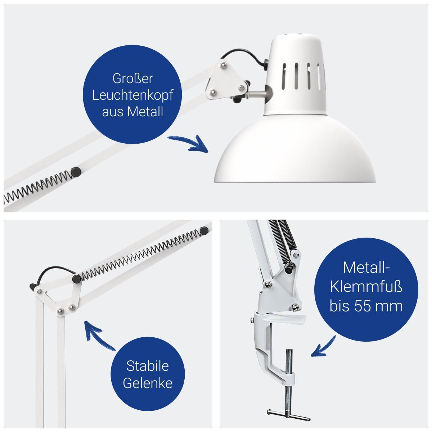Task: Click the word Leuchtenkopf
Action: click(x=132, y=95)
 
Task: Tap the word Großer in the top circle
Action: click(x=133, y=79)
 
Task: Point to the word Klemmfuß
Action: click(x=366, y=287)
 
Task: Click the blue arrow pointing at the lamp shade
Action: click(x=188, y=144)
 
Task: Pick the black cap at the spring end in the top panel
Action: click(x=76, y=172)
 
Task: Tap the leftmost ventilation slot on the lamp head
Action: click(x=284, y=76)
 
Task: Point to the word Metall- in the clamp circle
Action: click(x=366, y=267)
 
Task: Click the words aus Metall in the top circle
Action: click(x=132, y=112)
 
